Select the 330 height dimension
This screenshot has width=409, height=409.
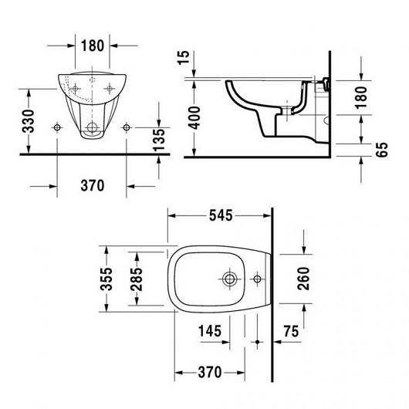(28, 120)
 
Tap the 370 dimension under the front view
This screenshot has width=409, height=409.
(92, 186)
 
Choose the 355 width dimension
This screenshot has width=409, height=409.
(109, 277)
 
